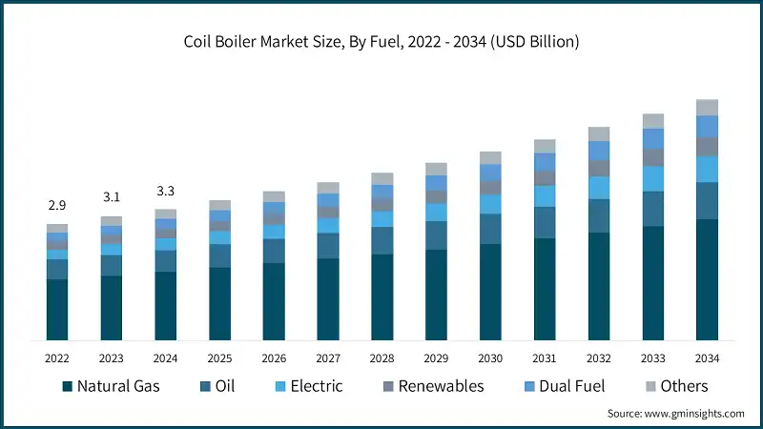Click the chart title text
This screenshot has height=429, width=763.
(381, 42)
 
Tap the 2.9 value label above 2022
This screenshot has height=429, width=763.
(57, 205)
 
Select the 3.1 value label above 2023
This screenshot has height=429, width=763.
(112, 197)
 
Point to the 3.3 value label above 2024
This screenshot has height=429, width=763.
(166, 191)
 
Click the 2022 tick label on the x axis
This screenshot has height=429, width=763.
(57, 357)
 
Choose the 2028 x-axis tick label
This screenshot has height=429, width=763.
(382, 357)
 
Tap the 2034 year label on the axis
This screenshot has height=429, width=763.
(707, 357)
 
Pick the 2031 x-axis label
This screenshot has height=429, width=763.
(545, 357)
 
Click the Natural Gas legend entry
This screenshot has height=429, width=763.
(111, 386)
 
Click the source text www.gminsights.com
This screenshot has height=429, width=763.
(675, 413)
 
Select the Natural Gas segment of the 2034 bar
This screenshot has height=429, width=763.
(707, 280)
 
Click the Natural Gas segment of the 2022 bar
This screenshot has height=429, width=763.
(57, 310)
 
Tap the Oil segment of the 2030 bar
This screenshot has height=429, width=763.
(490, 229)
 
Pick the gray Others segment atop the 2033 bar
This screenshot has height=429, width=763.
(653, 121)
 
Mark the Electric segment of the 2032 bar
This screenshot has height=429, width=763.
(599, 188)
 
